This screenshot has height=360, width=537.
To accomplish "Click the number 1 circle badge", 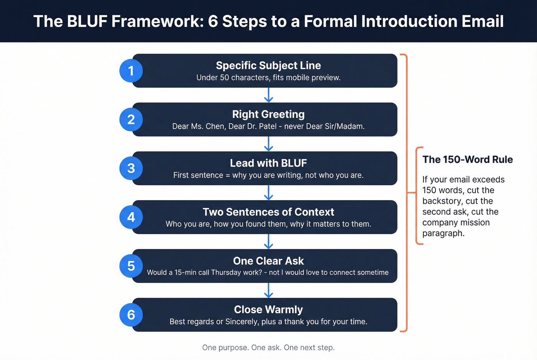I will pyautogui.click(x=131, y=71).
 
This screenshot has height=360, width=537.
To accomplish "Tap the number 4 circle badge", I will pyautogui.click(x=131, y=217).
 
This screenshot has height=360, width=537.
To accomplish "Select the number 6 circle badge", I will pyautogui.click(x=131, y=315).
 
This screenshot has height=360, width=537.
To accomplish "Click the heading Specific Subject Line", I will pyautogui.click(x=268, y=66).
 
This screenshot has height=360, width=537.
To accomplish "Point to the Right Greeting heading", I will pyautogui.click(x=268, y=114).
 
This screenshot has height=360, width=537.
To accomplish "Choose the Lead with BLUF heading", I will pyautogui.click(x=268, y=163).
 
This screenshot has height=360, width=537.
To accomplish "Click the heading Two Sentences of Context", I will pyautogui.click(x=268, y=212).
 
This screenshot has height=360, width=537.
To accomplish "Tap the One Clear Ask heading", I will pyautogui.click(x=268, y=261).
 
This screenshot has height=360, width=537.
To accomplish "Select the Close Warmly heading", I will pyautogui.click(x=268, y=310).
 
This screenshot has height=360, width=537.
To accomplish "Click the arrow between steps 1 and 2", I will pyautogui.click(x=268, y=95).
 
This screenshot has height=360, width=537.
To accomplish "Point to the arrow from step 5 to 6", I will pyautogui.click(x=268, y=290).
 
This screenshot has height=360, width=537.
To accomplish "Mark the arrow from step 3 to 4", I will pyautogui.click(x=268, y=193).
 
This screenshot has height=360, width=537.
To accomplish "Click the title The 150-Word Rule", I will pyautogui.click(x=468, y=160).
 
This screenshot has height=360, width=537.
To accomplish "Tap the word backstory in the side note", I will pyautogui.click(x=441, y=201).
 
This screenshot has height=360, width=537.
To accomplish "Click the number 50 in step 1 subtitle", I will pyautogui.click(x=224, y=78).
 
